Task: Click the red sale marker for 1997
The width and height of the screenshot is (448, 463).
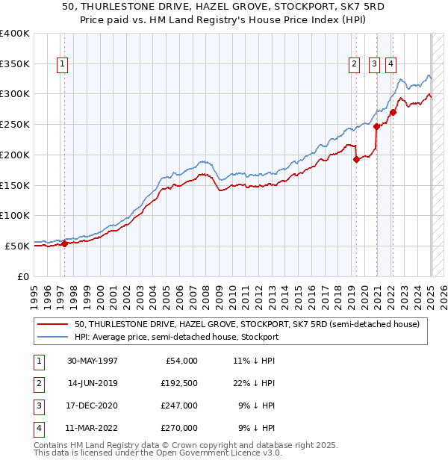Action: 65,243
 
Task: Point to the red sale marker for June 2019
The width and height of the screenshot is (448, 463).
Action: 356,158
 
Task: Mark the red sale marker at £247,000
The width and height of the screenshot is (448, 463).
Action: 376,126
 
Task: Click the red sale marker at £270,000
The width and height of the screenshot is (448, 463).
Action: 393,112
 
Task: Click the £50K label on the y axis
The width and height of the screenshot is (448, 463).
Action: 18,246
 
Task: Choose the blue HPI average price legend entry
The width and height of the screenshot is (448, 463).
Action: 176,337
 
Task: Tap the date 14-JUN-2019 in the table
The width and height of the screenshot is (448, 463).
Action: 93,383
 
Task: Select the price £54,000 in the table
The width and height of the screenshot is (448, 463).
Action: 180,361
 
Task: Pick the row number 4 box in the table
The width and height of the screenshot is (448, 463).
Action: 37,428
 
